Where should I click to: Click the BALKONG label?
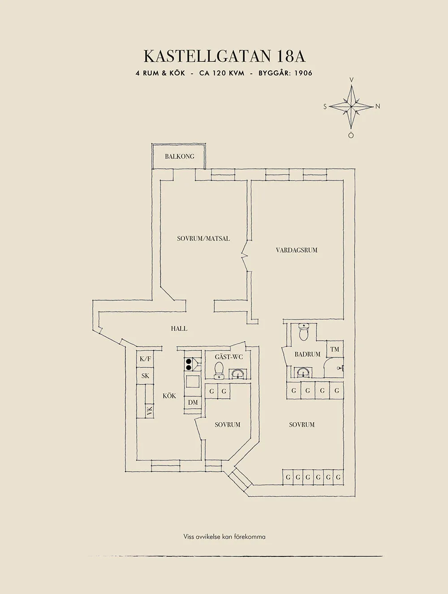coord(180,156)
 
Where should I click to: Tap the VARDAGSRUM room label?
coord(297,250)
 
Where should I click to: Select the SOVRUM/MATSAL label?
coord(203,239)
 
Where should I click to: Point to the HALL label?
coord(179,328)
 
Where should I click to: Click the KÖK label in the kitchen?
coord(169,396)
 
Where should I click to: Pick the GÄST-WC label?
coord(229,357)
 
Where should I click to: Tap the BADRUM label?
coord(308,354)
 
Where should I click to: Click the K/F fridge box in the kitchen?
coord(145,359)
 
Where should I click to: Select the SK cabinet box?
coord(145,376)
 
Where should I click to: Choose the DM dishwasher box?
coord(193,402)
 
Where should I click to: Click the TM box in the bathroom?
coord(335,349)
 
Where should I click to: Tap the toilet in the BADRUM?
coord(304,332)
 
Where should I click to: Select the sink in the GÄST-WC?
coord(238,374)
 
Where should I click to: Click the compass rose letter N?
coord(378,107)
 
